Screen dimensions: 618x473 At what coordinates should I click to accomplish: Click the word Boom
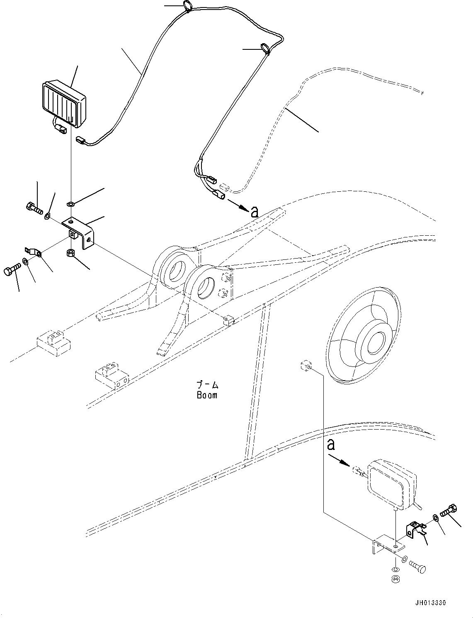(x=207, y=395)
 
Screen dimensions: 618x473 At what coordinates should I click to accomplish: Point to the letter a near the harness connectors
(x=254, y=212)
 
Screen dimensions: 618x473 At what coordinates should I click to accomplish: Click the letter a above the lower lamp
(x=330, y=445)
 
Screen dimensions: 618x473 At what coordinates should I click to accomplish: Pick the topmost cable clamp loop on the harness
(x=187, y=6)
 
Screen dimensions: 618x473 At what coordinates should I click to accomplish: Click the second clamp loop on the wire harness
(x=265, y=49)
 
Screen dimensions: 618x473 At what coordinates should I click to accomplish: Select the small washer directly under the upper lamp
(x=70, y=204)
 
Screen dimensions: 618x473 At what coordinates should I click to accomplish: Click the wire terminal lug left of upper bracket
(x=33, y=251)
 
